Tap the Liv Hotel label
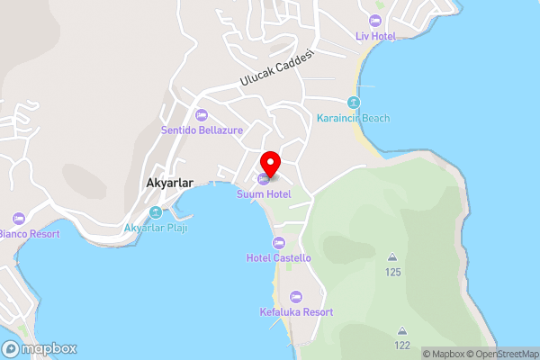(x=375, y=35)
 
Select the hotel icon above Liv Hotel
(x=375, y=20)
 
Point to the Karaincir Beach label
(x=354, y=118)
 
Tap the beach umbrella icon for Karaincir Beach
(x=354, y=103)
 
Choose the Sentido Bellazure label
(x=202, y=130)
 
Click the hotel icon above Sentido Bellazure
(x=202, y=114)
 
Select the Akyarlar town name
(x=175, y=182)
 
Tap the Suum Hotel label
(x=263, y=193)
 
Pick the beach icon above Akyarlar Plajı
(x=156, y=212)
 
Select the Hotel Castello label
(x=279, y=258)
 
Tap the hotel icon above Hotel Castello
(x=279, y=243)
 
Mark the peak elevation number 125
(x=392, y=272)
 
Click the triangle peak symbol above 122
(x=401, y=330)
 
